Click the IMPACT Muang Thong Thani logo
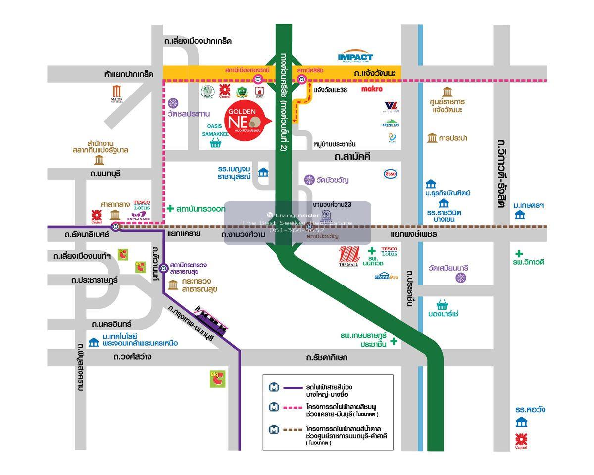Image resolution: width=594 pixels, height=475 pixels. coord(355,57)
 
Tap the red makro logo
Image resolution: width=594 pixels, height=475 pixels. coord(372,89)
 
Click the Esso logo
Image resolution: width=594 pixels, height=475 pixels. coord(391,174)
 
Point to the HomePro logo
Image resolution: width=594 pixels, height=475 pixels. coord(386,276)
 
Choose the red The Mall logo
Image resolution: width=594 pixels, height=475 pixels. coord(348,257)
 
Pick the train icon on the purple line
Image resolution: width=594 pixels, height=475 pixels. coord(210,322)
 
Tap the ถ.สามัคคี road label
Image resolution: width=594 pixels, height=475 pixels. coord(352,157)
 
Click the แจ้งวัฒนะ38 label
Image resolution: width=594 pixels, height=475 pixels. coord(330,90)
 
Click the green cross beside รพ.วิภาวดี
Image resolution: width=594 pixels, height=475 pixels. coord(519,254)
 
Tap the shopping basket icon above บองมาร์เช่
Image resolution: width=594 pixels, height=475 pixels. coord(442,304)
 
